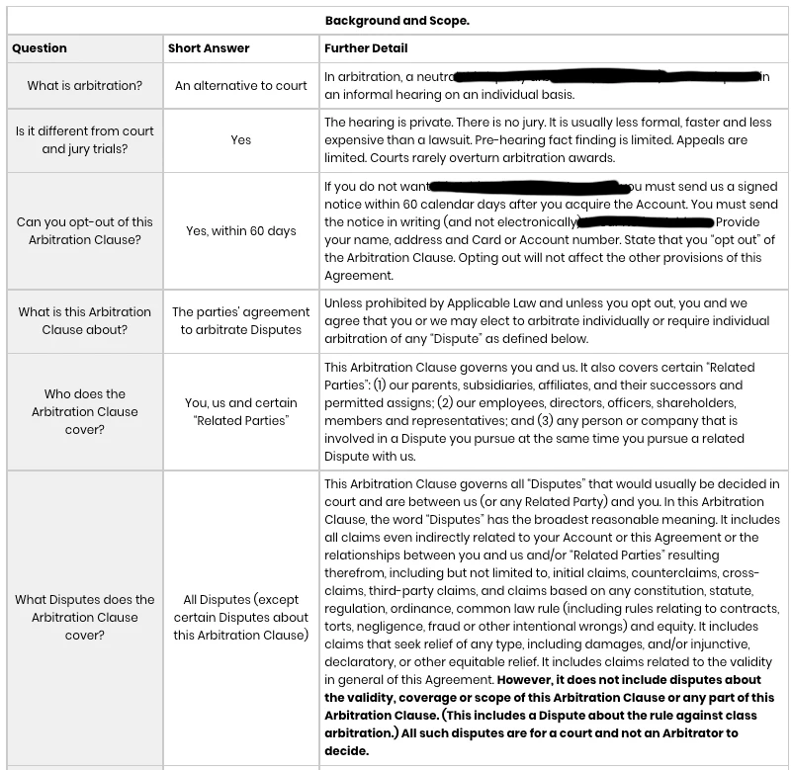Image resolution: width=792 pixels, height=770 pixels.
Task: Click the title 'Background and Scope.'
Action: click(x=396, y=20)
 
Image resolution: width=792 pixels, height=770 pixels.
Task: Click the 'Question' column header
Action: click(x=41, y=47)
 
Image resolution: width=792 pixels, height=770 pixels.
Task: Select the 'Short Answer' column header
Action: click(x=209, y=47)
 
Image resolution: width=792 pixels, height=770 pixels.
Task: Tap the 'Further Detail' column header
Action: click(x=366, y=47)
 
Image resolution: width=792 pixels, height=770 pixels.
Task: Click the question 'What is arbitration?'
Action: click(x=85, y=86)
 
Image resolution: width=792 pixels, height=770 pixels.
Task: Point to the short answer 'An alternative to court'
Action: click(x=241, y=86)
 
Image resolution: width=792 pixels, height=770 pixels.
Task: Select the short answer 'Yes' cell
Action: click(x=241, y=140)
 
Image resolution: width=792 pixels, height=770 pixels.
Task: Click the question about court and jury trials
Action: click(x=85, y=140)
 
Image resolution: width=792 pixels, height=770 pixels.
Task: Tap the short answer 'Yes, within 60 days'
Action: click(x=241, y=231)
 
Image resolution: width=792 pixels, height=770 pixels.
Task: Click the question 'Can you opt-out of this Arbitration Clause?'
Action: click(x=85, y=231)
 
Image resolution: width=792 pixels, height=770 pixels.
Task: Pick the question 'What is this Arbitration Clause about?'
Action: click(x=85, y=320)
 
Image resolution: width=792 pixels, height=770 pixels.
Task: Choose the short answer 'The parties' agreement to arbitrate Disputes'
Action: click(x=241, y=320)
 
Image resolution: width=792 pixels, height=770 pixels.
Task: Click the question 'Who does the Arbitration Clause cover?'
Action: click(x=85, y=412)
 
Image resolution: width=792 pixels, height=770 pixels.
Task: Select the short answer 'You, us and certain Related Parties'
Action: click(x=241, y=412)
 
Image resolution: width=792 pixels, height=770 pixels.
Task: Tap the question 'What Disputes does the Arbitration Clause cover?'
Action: click(x=85, y=617)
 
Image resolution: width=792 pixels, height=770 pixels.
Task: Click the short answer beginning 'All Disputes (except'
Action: click(x=241, y=617)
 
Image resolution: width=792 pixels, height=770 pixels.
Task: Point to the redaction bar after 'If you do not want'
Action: click(x=530, y=186)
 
